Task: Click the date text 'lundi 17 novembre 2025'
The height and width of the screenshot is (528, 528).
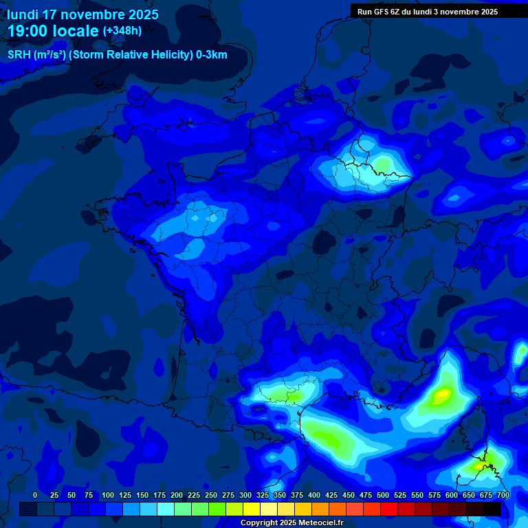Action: coord(82,14)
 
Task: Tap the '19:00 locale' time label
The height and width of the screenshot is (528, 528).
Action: coord(54,31)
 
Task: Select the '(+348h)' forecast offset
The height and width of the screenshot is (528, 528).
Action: coord(122,31)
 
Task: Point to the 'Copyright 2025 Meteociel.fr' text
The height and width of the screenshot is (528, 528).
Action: coord(291,522)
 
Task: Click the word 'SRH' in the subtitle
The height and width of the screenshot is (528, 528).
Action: coord(19,55)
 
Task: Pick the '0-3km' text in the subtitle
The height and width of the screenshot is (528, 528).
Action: coord(212,55)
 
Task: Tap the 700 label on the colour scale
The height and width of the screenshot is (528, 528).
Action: coord(503,495)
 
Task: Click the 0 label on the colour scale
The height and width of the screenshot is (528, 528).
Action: coord(35,495)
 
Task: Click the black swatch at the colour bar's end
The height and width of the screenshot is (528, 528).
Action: coord(492,509)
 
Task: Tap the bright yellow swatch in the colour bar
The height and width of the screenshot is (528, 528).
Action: coord(252,509)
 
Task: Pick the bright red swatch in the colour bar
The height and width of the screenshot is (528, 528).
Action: coord(389,509)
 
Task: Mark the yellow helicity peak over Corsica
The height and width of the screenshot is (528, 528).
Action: coord(478,466)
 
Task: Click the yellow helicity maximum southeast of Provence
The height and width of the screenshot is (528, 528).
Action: coord(440,395)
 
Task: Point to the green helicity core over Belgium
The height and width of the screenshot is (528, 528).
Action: coord(382,165)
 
